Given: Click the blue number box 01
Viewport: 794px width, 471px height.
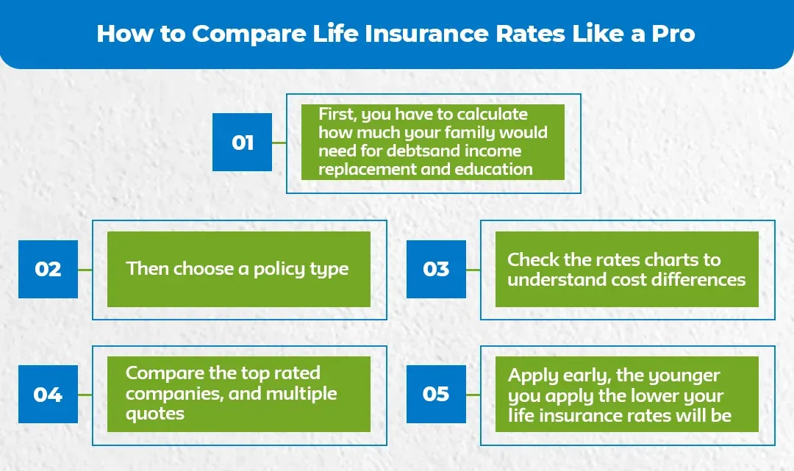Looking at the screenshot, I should coord(242,142).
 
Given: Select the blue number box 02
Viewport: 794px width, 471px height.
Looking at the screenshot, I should coord(48,269).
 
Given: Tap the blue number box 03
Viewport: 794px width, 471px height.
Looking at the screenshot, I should coord(436,269).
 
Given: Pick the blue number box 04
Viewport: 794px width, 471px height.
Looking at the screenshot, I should coord(48,395).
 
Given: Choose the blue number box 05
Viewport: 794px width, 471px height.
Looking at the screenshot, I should coord(436,395).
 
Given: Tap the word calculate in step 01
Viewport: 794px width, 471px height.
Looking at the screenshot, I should coord(493,115).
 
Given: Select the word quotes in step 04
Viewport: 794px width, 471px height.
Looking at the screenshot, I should coord(155,413).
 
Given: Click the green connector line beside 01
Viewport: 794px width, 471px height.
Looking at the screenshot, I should coord(279,142).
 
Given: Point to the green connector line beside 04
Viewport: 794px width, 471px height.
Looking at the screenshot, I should coord(85,395).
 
